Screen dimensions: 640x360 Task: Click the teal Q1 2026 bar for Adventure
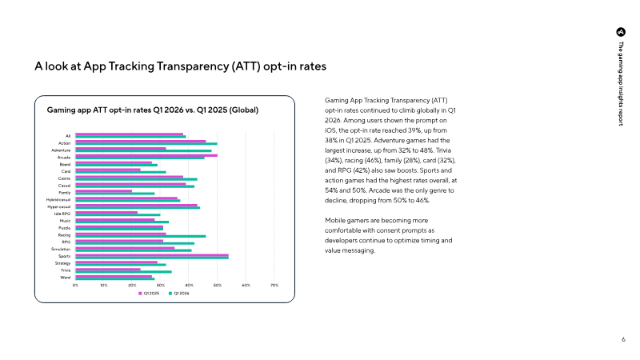click(x=144, y=151)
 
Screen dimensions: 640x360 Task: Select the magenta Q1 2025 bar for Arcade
click(x=146, y=155)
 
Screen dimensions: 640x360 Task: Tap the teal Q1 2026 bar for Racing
click(x=141, y=236)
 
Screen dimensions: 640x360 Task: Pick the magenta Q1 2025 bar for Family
click(x=104, y=191)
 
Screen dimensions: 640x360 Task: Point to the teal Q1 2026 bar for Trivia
click(x=124, y=271)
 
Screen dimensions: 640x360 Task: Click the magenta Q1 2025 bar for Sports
click(x=152, y=255)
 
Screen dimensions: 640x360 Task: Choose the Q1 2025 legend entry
click(x=149, y=294)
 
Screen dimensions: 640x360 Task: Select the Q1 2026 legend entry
click(x=179, y=294)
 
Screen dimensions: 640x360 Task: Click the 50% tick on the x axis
click(x=218, y=286)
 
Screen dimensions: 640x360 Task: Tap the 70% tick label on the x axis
click(x=274, y=286)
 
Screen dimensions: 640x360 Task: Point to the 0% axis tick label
click(x=75, y=286)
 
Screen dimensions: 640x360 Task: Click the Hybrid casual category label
click(x=58, y=200)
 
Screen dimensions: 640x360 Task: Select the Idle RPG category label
click(x=62, y=214)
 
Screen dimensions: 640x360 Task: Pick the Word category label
click(x=66, y=278)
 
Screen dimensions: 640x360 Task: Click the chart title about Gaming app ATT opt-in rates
click(x=153, y=110)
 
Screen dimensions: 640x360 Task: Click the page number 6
click(x=623, y=339)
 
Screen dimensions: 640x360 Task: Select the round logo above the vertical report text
click(x=621, y=32)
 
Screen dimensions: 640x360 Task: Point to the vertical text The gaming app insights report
click(x=621, y=83)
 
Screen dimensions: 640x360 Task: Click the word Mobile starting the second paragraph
click(x=335, y=221)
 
